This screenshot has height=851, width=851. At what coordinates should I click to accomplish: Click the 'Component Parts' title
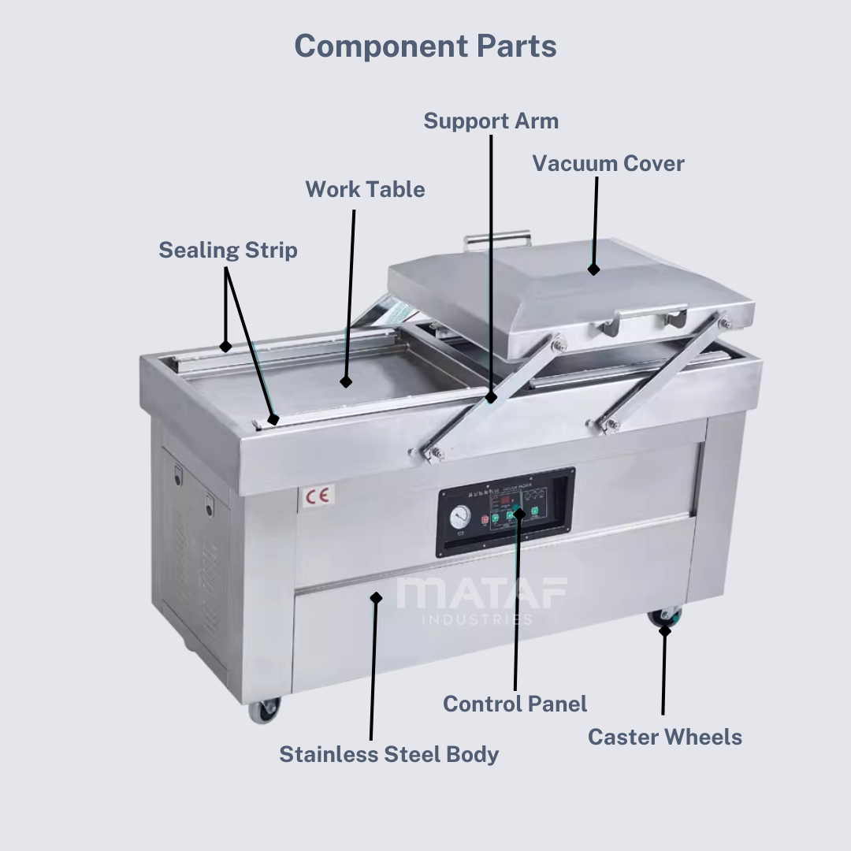click(x=425, y=46)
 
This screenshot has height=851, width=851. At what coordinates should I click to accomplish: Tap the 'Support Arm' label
click(x=491, y=121)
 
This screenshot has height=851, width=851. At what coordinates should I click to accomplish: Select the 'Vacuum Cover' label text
click(x=608, y=164)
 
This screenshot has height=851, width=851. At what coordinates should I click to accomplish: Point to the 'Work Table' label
click(x=365, y=190)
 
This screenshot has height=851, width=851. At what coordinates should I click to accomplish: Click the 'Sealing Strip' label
click(x=228, y=251)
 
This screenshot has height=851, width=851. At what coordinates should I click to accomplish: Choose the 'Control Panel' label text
click(x=515, y=704)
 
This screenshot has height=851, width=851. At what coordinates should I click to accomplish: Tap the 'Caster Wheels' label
click(x=664, y=738)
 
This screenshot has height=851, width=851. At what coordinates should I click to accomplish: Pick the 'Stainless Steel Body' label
click(x=388, y=754)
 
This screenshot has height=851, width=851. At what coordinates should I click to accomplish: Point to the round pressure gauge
click(x=461, y=516)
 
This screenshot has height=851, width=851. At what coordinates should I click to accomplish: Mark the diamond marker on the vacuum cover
click(x=593, y=269)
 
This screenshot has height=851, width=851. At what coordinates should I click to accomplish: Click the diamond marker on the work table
click(x=345, y=382)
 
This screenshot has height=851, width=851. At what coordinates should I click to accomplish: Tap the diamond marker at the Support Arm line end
click(x=491, y=397)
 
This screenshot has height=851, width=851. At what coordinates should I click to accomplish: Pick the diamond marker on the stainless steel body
click(x=376, y=598)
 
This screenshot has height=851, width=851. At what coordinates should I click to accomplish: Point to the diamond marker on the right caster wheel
click(x=665, y=630)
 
